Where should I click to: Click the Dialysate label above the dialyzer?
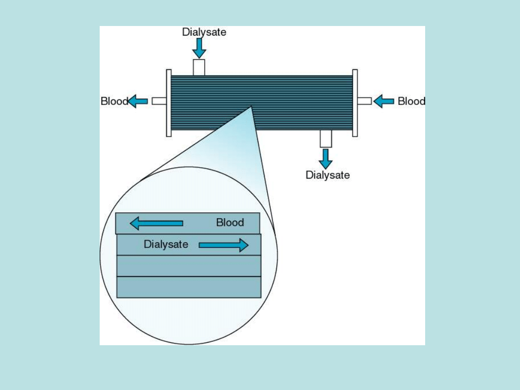tap(204, 32)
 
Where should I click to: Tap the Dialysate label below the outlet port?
tap(327, 175)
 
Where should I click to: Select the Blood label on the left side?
tap(114, 101)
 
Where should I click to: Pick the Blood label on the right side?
tap(411, 101)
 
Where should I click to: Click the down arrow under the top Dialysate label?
tap(199, 48)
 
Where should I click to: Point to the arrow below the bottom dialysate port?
tap(326, 158)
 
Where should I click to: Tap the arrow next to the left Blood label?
tap(138, 101)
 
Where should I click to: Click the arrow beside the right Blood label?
tap(384, 101)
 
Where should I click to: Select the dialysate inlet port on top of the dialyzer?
tap(199, 67)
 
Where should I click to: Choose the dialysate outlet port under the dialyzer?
tap(326, 139)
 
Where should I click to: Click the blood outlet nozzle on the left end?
tap(159, 101)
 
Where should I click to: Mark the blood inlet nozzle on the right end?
tap(364, 101)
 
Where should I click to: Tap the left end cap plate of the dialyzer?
tap(169, 103)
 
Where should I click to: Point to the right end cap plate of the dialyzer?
tap(355, 103)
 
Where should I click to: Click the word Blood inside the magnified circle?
tap(230, 222)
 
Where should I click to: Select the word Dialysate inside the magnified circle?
tap(166, 244)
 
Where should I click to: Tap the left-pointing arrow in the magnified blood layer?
tap(156, 223)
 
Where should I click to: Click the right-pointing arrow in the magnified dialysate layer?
tap(223, 245)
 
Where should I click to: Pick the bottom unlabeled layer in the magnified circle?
tap(189, 287)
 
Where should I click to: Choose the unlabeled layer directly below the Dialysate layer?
tap(189, 266)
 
